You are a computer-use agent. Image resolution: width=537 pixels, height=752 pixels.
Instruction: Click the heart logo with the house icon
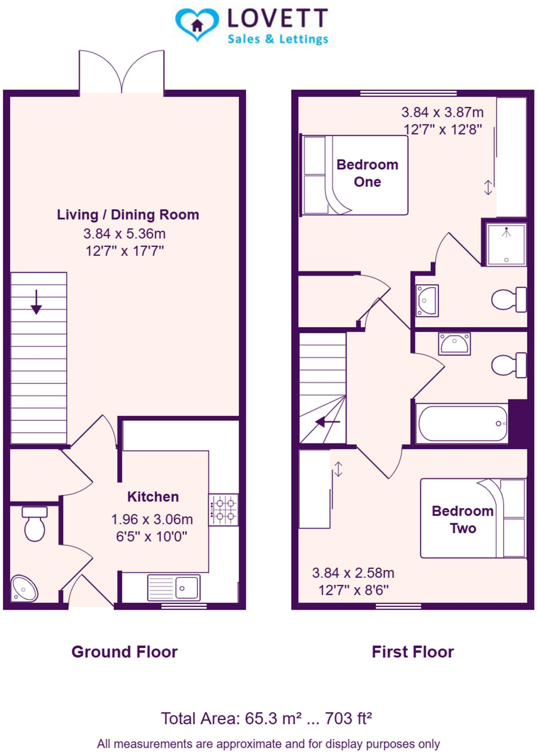(197, 25)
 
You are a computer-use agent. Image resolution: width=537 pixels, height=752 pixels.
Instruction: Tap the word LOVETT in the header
(278, 18)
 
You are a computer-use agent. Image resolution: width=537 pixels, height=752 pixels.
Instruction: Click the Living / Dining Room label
(128, 214)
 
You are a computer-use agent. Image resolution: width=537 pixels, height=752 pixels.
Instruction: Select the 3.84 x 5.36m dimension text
(124, 234)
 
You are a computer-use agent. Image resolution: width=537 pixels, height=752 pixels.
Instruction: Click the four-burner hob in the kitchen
(223, 510)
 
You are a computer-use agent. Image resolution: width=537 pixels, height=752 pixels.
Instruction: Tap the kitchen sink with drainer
(174, 588)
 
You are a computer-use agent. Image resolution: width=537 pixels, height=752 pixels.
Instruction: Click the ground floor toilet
(35, 523)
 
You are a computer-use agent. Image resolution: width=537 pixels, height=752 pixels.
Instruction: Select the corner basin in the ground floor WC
(24, 589)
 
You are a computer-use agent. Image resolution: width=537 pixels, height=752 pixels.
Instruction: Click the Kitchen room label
(153, 497)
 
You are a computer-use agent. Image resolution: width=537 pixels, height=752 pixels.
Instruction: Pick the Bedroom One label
(367, 173)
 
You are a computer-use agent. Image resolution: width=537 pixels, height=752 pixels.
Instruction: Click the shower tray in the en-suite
(506, 244)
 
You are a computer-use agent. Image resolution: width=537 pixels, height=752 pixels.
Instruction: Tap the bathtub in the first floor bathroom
(462, 423)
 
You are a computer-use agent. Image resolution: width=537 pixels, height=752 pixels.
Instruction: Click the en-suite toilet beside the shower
(508, 300)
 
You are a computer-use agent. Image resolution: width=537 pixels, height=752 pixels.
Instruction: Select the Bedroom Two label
(462, 520)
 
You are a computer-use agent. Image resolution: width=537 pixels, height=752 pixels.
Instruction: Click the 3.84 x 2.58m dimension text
(353, 573)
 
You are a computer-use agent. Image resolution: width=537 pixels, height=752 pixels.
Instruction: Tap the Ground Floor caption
(124, 652)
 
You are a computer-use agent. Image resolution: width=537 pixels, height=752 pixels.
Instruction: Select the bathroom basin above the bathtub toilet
(454, 344)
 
